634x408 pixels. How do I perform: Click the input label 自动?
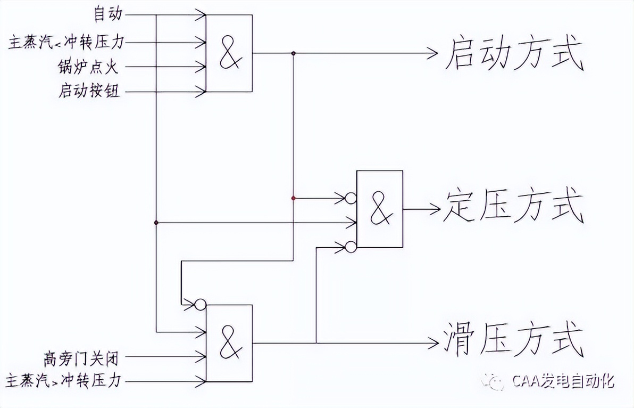[x=108, y=14]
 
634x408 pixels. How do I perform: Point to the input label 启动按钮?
[x=89, y=92]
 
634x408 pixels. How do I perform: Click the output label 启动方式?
[x=513, y=54]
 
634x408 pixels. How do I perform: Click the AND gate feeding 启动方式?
[x=229, y=53]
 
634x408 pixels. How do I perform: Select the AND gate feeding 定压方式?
[x=380, y=209]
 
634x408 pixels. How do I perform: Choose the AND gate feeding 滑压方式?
[x=229, y=343]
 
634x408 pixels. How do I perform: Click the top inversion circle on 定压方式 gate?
[x=351, y=198]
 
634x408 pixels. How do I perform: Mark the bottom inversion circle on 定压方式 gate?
[x=351, y=247]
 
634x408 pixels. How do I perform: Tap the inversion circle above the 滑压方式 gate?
[x=200, y=305]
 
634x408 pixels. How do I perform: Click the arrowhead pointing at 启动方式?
[x=432, y=53]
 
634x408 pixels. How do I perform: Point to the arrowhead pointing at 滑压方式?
[x=432, y=343]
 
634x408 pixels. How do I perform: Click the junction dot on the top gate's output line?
[x=294, y=53]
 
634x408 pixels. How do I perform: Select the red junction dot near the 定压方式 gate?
[x=294, y=198]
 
